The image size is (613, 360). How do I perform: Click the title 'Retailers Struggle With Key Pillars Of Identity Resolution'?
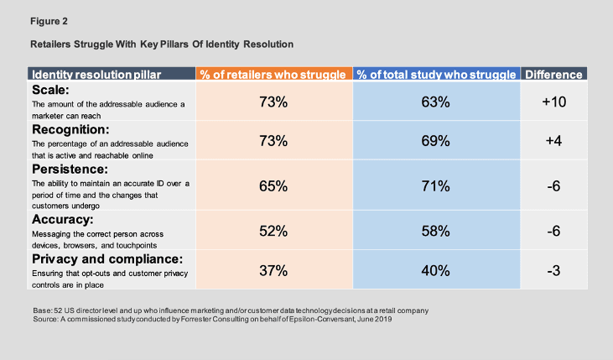click(x=161, y=42)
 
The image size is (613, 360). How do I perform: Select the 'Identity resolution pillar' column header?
click(x=93, y=75)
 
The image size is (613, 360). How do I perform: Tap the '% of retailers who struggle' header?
click(x=273, y=75)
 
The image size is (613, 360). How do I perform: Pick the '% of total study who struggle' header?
click(x=436, y=75)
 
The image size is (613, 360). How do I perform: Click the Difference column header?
click(x=553, y=75)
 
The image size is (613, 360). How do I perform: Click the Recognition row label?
click(x=70, y=129)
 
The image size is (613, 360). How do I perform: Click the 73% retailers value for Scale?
click(x=273, y=102)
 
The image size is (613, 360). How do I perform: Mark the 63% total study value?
click(x=436, y=102)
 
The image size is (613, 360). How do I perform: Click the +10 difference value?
click(x=553, y=102)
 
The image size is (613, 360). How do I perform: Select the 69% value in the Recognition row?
click(x=436, y=141)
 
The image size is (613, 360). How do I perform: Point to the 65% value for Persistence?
click(x=273, y=186)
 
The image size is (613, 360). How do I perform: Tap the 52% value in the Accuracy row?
click(x=273, y=230)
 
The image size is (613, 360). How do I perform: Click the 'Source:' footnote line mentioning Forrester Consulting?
click(x=213, y=320)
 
